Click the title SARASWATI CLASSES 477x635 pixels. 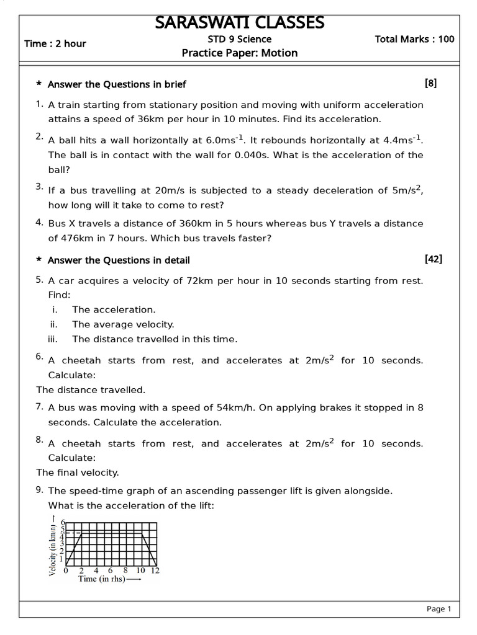click(x=239, y=22)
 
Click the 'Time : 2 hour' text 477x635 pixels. click(x=55, y=43)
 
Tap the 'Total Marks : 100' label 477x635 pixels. click(x=414, y=39)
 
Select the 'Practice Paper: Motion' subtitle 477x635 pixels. click(x=239, y=53)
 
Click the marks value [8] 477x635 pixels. click(x=430, y=83)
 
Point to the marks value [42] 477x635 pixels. click(x=433, y=259)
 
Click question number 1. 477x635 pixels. click(x=39, y=104)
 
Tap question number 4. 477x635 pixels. click(x=39, y=222)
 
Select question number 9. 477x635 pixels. click(x=39, y=490)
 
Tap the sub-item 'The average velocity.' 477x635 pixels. click(x=123, y=324)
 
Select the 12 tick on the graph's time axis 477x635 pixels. click(x=155, y=570)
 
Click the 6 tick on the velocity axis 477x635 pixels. click(x=63, y=523)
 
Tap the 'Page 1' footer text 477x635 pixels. click(x=438, y=609)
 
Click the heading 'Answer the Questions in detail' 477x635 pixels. click(x=119, y=260)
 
